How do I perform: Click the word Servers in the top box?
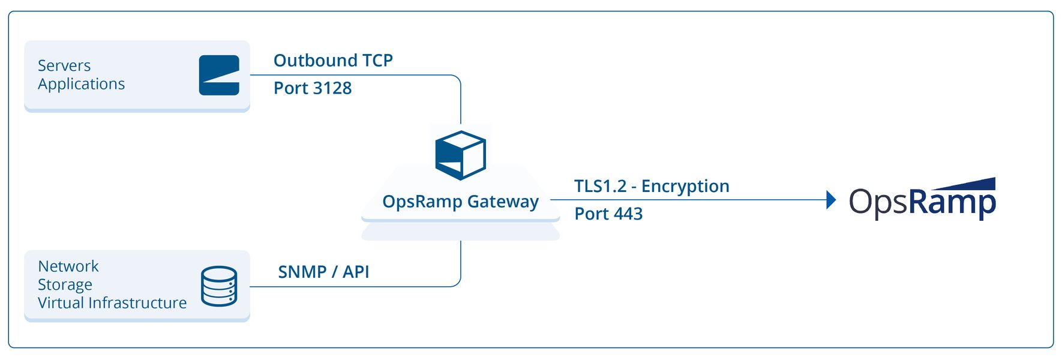point(64,65)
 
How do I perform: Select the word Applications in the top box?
point(81,84)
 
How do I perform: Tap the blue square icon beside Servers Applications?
point(219,76)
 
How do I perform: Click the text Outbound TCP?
point(333,61)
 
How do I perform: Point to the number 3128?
point(332,88)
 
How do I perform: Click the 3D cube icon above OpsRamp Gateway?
point(460,155)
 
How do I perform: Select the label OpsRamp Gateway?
point(460,202)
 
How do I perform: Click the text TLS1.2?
point(599,186)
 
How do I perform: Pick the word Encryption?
point(685,187)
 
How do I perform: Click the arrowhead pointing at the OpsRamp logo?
point(830,200)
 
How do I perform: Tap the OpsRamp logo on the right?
point(922,202)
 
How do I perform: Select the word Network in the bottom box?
point(68,266)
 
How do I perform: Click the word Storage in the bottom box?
point(65,284)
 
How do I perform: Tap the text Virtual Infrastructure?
point(112,303)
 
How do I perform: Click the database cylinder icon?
point(219,286)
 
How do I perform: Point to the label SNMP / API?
point(323,272)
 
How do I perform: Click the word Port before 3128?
point(291,88)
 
